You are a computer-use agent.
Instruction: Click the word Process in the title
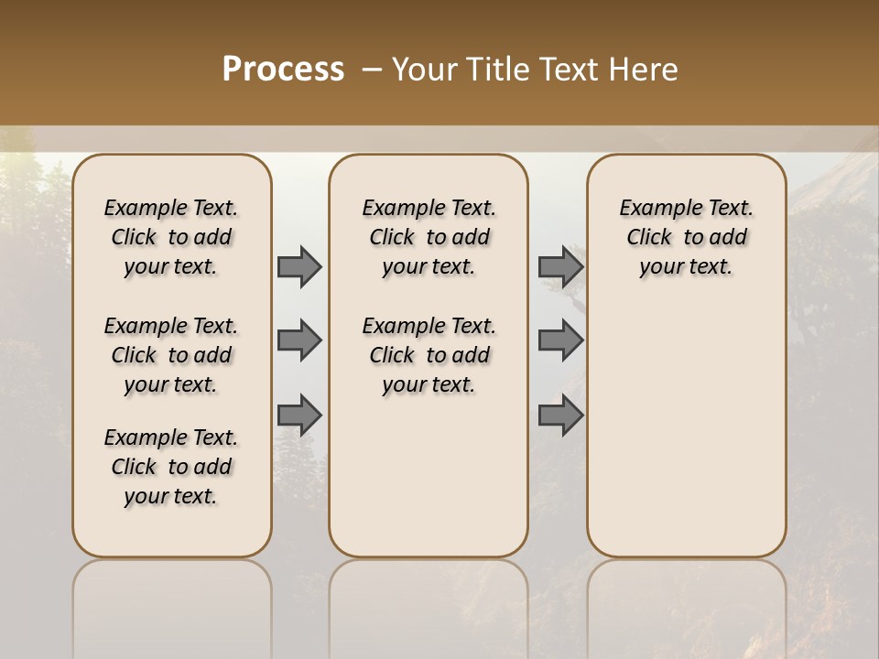click(283, 70)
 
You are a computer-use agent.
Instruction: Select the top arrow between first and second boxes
click(299, 266)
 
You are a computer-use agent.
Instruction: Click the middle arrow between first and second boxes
click(299, 340)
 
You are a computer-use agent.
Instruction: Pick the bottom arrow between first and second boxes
click(299, 415)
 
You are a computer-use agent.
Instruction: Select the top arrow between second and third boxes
click(560, 266)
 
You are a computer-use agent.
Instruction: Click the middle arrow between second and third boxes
click(560, 340)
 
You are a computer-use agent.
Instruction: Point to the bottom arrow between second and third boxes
click(560, 415)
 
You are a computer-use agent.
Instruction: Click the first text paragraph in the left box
click(171, 237)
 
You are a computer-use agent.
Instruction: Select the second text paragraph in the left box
click(171, 355)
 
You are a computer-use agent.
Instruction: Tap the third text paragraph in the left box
click(171, 467)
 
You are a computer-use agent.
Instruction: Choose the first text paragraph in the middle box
click(429, 237)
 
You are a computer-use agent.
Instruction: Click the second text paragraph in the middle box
click(429, 355)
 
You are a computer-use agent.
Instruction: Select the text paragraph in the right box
click(686, 237)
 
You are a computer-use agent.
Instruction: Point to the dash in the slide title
click(372, 70)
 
